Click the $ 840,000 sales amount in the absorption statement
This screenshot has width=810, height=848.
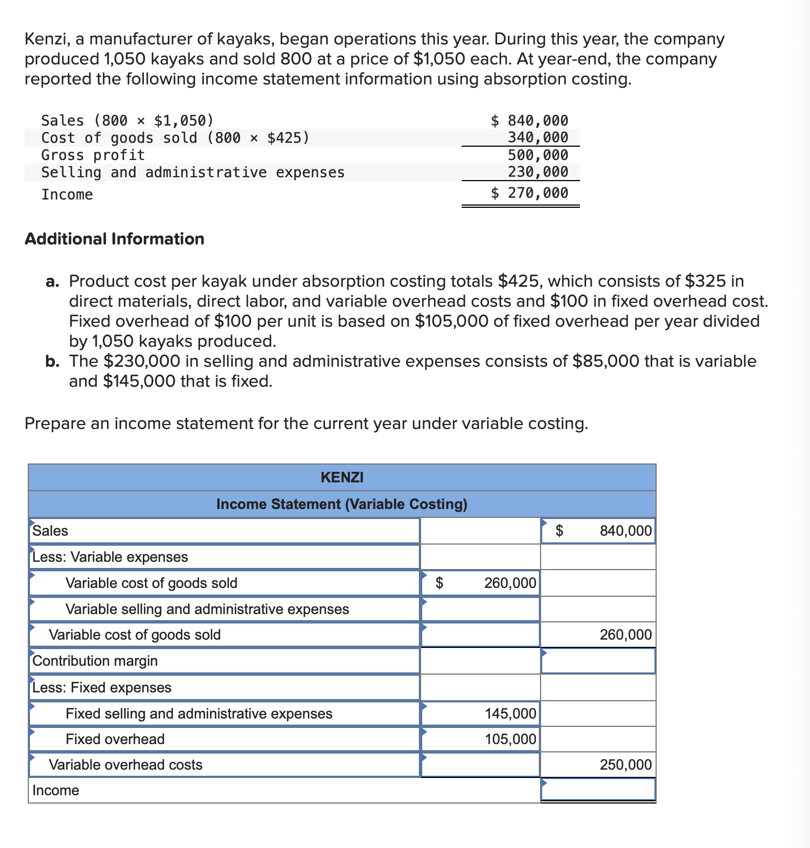[x=529, y=121]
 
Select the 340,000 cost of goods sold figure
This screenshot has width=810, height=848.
[x=538, y=138]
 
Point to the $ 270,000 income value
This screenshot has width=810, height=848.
[x=529, y=193]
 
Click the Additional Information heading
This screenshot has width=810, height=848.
[x=114, y=239]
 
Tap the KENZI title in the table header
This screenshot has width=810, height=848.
[x=342, y=477]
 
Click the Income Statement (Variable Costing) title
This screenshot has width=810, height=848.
[x=342, y=504]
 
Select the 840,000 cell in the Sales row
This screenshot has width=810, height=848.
[x=626, y=531]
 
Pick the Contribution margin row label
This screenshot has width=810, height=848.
[x=95, y=661]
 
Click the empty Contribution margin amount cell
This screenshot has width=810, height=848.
[x=598, y=661]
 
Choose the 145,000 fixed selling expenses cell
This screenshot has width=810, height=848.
[x=510, y=714]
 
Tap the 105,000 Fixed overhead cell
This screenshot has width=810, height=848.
[x=510, y=739]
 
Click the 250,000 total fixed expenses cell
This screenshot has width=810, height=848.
[x=626, y=765]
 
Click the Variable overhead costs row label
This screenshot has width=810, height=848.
[x=126, y=765]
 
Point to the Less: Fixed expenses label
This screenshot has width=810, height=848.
[x=102, y=687]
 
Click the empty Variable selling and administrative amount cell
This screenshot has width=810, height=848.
[x=481, y=609]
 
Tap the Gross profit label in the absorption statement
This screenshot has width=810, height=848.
[x=93, y=155]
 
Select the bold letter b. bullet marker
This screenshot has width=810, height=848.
[x=52, y=361]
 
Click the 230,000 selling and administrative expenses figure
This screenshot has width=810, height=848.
[x=538, y=172]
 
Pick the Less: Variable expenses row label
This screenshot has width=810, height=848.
[x=110, y=557]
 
